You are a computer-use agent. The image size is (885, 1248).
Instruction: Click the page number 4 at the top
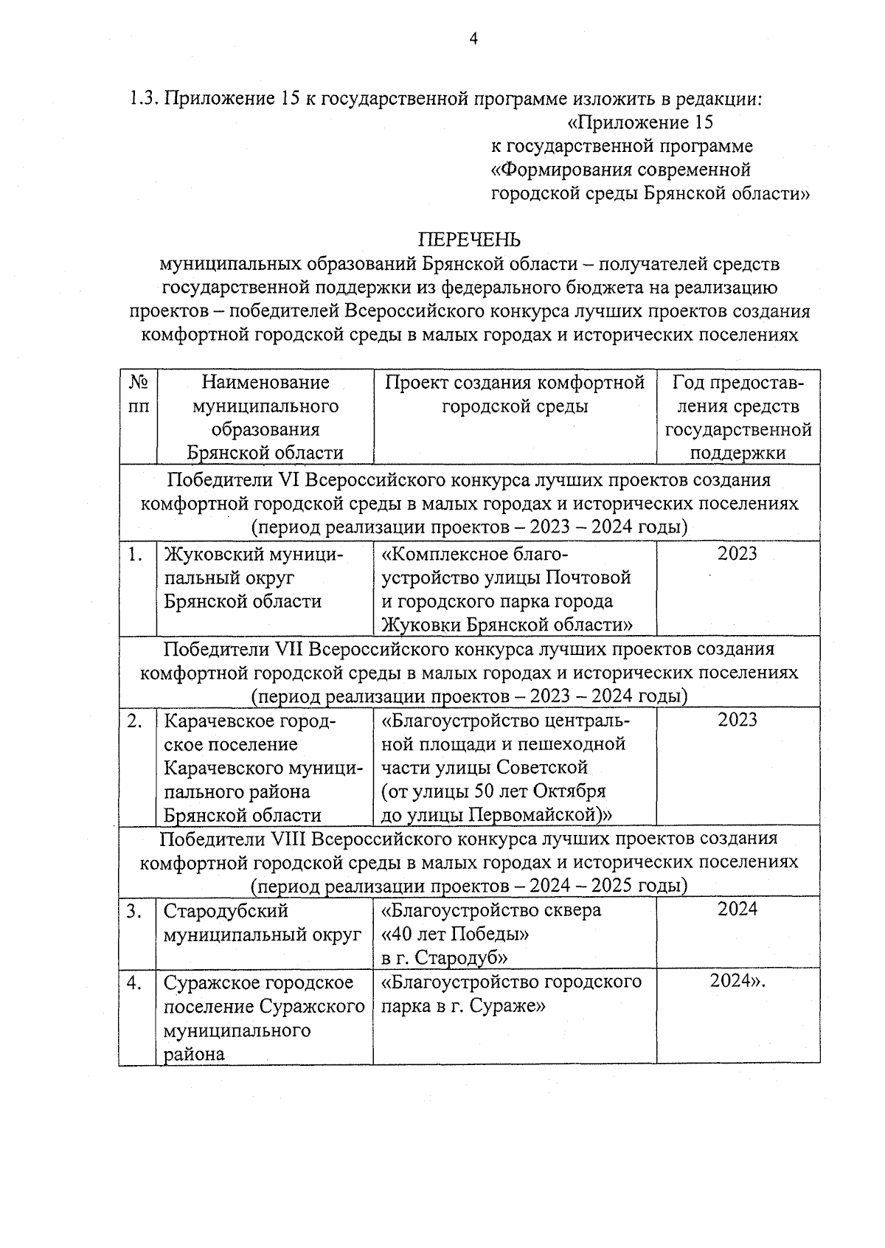474,39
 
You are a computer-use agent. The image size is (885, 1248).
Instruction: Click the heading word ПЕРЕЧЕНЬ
469,240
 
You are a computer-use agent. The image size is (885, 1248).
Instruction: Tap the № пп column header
138,395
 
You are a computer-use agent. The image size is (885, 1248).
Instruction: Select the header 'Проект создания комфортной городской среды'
515,395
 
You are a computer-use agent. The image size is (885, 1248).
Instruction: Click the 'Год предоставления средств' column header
737,417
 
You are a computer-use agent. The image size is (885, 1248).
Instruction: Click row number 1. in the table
135,555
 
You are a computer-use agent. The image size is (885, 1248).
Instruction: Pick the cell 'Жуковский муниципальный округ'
252,578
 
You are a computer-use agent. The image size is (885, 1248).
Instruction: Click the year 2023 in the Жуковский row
737,554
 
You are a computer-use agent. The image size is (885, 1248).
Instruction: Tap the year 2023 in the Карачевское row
737,720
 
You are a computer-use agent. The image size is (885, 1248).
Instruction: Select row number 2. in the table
135,721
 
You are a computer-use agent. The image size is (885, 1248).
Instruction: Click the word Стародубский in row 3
226,910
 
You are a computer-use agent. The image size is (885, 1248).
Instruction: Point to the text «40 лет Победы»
455,934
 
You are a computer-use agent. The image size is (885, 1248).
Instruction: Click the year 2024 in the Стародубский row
737,909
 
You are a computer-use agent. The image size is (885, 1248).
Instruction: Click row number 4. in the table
135,982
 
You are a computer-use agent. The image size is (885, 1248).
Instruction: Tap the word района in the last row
194,1053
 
